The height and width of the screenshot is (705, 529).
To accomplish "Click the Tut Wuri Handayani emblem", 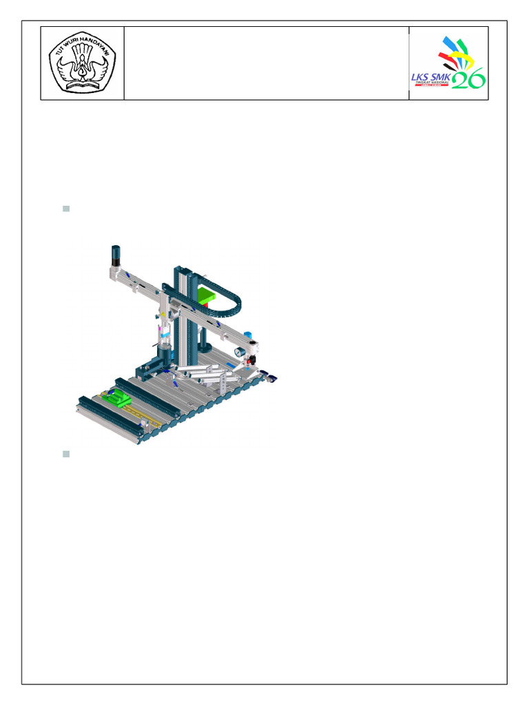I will pyautogui.click(x=82, y=63).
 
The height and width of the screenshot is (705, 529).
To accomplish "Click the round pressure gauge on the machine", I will pyautogui.click(x=240, y=352).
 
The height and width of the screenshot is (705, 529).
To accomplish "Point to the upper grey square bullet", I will pyautogui.click(x=66, y=208).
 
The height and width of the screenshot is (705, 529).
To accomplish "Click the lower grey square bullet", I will pyautogui.click(x=66, y=454).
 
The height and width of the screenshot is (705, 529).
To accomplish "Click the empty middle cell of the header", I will pyautogui.click(x=266, y=63).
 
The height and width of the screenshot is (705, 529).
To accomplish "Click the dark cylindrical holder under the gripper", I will pyautogui.click(x=164, y=357).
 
